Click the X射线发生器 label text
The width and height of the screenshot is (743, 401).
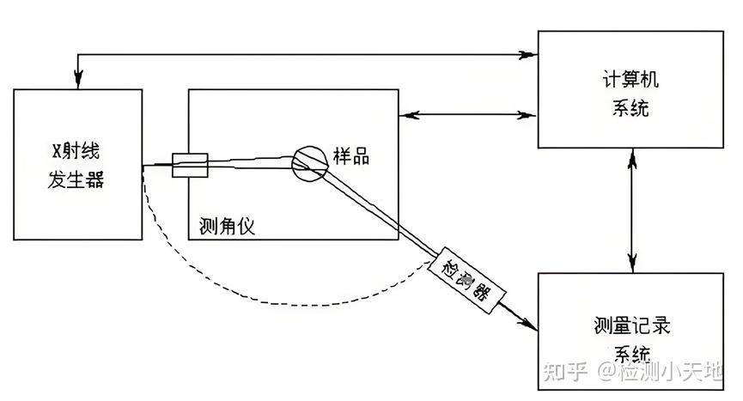78,163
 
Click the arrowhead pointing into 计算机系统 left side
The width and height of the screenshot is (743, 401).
527,113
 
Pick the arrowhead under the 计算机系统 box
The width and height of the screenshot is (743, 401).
633,160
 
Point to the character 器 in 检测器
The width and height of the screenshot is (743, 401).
480,294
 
